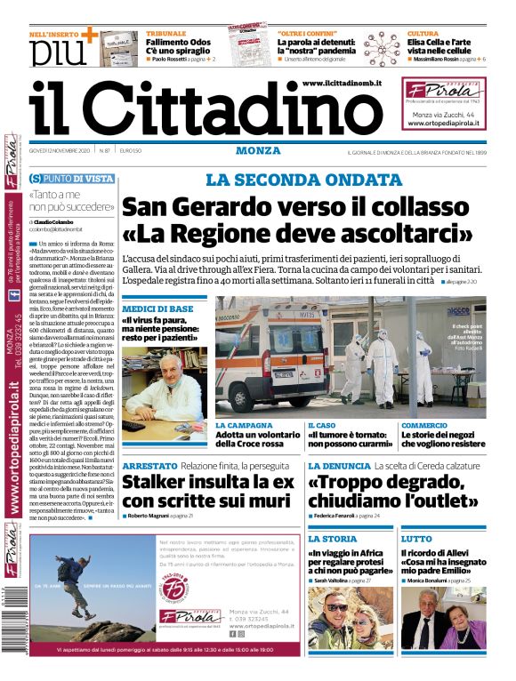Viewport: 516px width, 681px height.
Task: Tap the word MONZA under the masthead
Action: [260, 150]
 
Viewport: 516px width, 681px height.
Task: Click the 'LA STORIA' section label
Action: [333, 539]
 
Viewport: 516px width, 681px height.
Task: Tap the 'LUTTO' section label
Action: [416, 539]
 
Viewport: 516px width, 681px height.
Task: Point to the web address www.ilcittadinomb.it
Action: [342, 83]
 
